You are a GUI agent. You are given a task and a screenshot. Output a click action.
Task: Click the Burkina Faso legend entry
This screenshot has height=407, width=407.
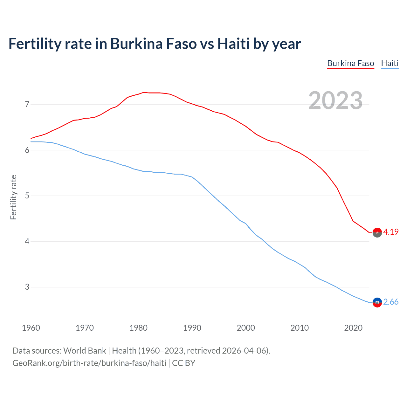[350, 63]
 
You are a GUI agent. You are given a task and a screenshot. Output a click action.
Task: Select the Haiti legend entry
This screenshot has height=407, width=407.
[390, 63]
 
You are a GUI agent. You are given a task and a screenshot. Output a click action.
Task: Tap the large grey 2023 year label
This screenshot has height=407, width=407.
[335, 100]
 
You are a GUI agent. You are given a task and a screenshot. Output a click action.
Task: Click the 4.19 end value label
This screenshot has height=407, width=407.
[391, 232]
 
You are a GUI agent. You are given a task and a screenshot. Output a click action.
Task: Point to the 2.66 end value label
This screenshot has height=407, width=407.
[391, 302]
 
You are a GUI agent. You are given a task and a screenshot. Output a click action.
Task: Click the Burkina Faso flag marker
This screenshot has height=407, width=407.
[377, 232]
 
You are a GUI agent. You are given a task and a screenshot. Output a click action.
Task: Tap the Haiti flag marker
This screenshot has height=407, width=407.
[377, 302]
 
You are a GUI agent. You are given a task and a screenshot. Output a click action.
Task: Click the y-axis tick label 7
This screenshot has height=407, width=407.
[27, 104]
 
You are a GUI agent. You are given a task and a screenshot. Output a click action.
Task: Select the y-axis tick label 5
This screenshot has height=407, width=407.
[27, 196]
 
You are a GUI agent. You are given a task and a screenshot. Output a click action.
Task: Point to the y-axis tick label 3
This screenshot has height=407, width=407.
[27, 287]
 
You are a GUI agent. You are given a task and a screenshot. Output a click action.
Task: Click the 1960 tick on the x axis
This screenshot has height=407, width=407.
[31, 328]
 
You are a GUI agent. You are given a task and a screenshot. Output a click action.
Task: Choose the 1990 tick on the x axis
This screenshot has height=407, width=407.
[192, 328]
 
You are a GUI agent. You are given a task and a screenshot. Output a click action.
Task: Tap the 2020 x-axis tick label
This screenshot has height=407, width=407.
[353, 328]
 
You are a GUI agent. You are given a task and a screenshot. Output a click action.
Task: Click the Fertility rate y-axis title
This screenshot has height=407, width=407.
[13, 197]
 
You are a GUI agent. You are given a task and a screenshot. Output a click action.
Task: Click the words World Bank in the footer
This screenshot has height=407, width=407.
[85, 351]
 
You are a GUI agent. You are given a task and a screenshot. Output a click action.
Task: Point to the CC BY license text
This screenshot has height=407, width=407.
[183, 363]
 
